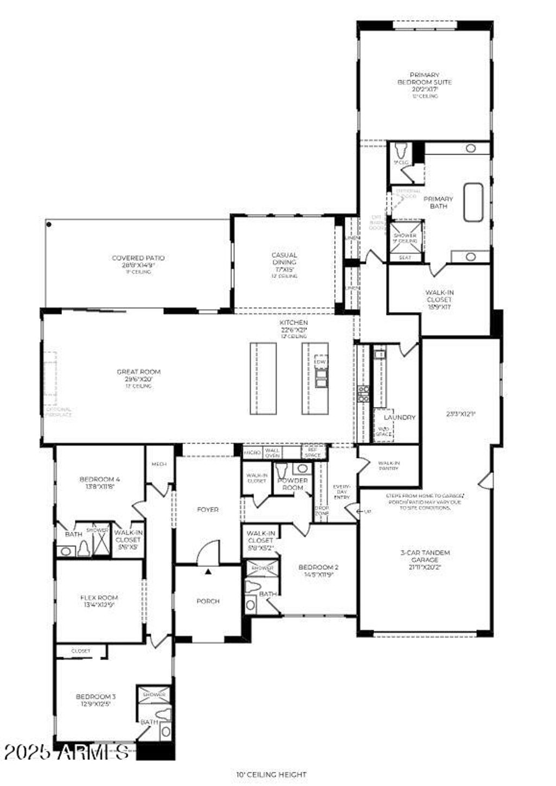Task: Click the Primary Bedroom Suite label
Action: (x=424, y=79)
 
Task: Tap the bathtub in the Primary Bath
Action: (x=473, y=202)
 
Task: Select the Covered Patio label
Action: (x=138, y=258)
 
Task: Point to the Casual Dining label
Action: (x=285, y=258)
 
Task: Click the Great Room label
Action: (x=139, y=372)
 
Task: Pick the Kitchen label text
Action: (x=294, y=323)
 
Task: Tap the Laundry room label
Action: (x=400, y=417)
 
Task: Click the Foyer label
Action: (x=207, y=510)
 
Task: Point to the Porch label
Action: (x=208, y=601)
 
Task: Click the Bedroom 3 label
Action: (x=96, y=697)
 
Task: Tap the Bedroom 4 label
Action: (x=99, y=479)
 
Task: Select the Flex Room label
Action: (x=99, y=598)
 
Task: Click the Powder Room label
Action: (x=293, y=484)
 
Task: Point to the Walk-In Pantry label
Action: (x=389, y=465)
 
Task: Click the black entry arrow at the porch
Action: (x=208, y=571)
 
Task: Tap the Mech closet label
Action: (x=159, y=464)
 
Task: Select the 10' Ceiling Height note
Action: (x=271, y=775)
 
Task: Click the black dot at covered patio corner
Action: (x=49, y=224)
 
